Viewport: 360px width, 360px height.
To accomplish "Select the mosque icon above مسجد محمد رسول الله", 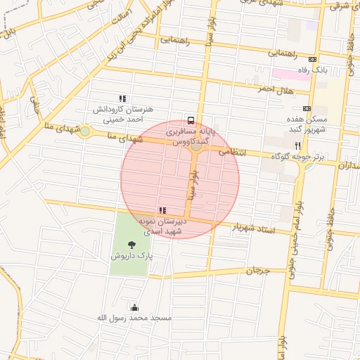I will (x=134, y=307).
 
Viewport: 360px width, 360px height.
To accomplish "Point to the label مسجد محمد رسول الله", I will (x=134, y=319).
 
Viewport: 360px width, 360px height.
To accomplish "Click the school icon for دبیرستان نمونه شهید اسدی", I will (x=162, y=210).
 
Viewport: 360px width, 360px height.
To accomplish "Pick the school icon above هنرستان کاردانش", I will (x=123, y=99).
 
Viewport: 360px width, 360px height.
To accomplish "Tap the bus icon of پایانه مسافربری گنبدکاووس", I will (x=191, y=120).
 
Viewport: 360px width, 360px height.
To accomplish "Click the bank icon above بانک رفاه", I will (x=312, y=60).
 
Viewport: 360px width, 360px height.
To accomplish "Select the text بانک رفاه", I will (x=312, y=71).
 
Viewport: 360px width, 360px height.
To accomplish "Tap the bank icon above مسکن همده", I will (x=307, y=108).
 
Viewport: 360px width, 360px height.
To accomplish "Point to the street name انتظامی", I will (x=233, y=151).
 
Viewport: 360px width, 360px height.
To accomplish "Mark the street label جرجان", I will (x=257, y=270).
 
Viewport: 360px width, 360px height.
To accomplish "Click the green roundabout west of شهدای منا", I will (x=85, y=131).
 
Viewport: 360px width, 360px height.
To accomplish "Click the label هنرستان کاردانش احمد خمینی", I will (x=123, y=115).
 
